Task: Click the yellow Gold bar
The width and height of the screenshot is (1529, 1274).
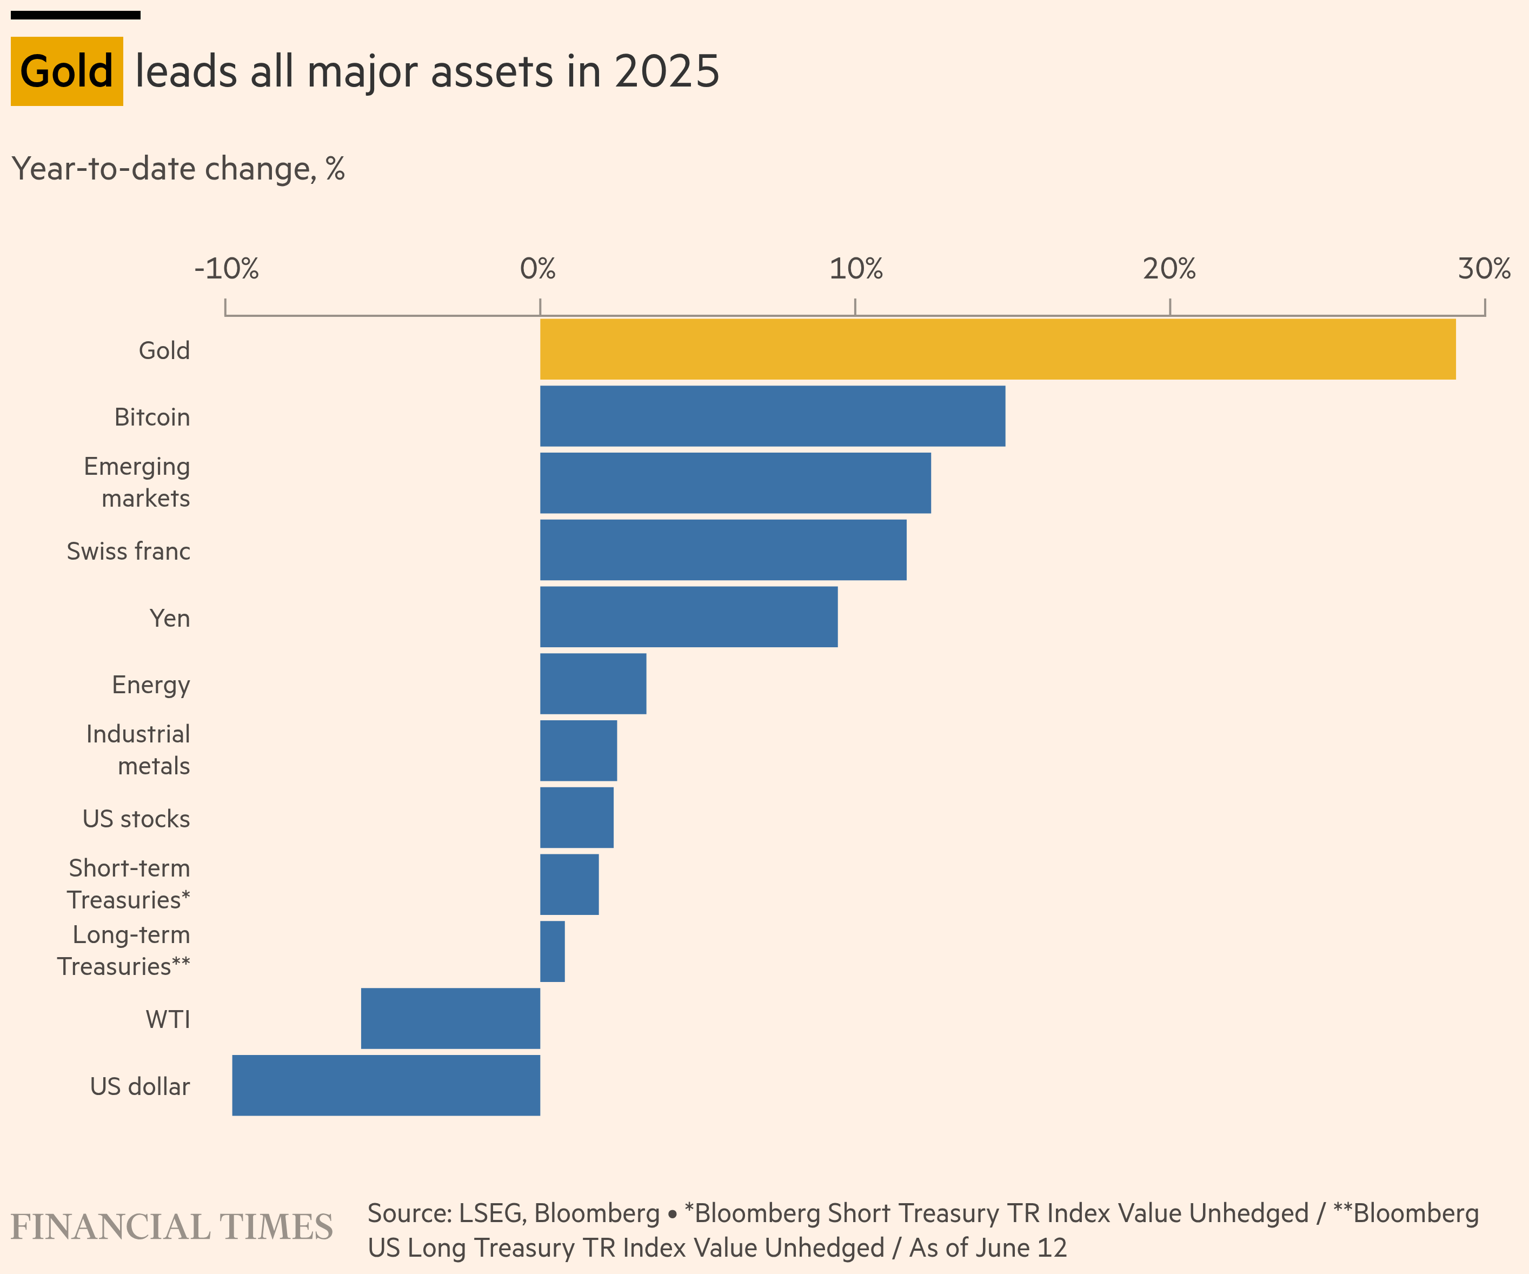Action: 998,349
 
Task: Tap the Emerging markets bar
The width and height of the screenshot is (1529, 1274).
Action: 735,483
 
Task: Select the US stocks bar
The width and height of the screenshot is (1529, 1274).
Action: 577,818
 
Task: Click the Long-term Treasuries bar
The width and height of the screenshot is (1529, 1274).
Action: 553,952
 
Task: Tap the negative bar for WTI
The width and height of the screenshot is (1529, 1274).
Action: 451,1018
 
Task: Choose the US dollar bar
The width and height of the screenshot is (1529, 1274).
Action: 386,1085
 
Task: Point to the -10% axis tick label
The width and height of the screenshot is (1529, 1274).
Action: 227,269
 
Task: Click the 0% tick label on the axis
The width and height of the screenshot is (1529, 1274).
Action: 538,269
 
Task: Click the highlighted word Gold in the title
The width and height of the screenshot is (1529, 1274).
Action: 67,71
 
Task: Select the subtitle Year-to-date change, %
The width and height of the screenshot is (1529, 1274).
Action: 178,169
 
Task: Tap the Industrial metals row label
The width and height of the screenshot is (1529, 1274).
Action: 138,750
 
